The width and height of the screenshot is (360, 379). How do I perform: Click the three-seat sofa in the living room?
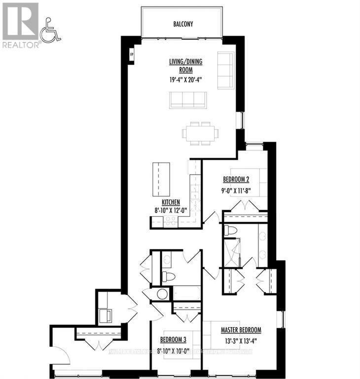tap(187, 100)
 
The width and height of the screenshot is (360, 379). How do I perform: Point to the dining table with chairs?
tap(200, 133)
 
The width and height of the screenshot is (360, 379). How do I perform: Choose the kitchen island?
tap(161, 178)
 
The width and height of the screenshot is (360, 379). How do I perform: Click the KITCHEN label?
tap(170, 202)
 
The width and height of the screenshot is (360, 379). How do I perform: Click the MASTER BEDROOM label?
tap(240, 330)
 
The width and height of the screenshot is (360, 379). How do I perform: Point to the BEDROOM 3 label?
tap(173, 340)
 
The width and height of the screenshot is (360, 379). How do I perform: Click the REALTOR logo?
tap(21, 25)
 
